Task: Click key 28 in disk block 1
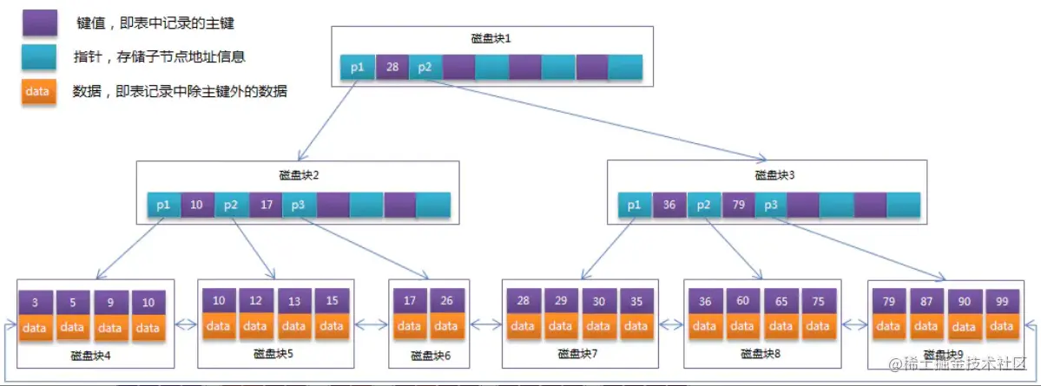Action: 392,67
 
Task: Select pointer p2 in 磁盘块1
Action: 425,67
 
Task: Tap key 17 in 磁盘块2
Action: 266,205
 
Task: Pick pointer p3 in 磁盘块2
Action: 299,205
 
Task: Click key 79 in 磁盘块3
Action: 738,205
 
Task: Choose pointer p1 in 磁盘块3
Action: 635,205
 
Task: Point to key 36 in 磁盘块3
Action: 669,205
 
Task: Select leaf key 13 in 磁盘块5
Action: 293,301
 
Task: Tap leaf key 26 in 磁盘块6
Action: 445,301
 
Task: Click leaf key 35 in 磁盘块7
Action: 636,301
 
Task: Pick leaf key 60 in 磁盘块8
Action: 742,301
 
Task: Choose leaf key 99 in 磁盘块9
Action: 1001,301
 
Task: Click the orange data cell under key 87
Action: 926,326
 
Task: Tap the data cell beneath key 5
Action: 73,328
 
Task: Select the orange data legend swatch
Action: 40,90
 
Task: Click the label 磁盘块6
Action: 429,357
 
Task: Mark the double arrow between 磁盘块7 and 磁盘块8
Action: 670,325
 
